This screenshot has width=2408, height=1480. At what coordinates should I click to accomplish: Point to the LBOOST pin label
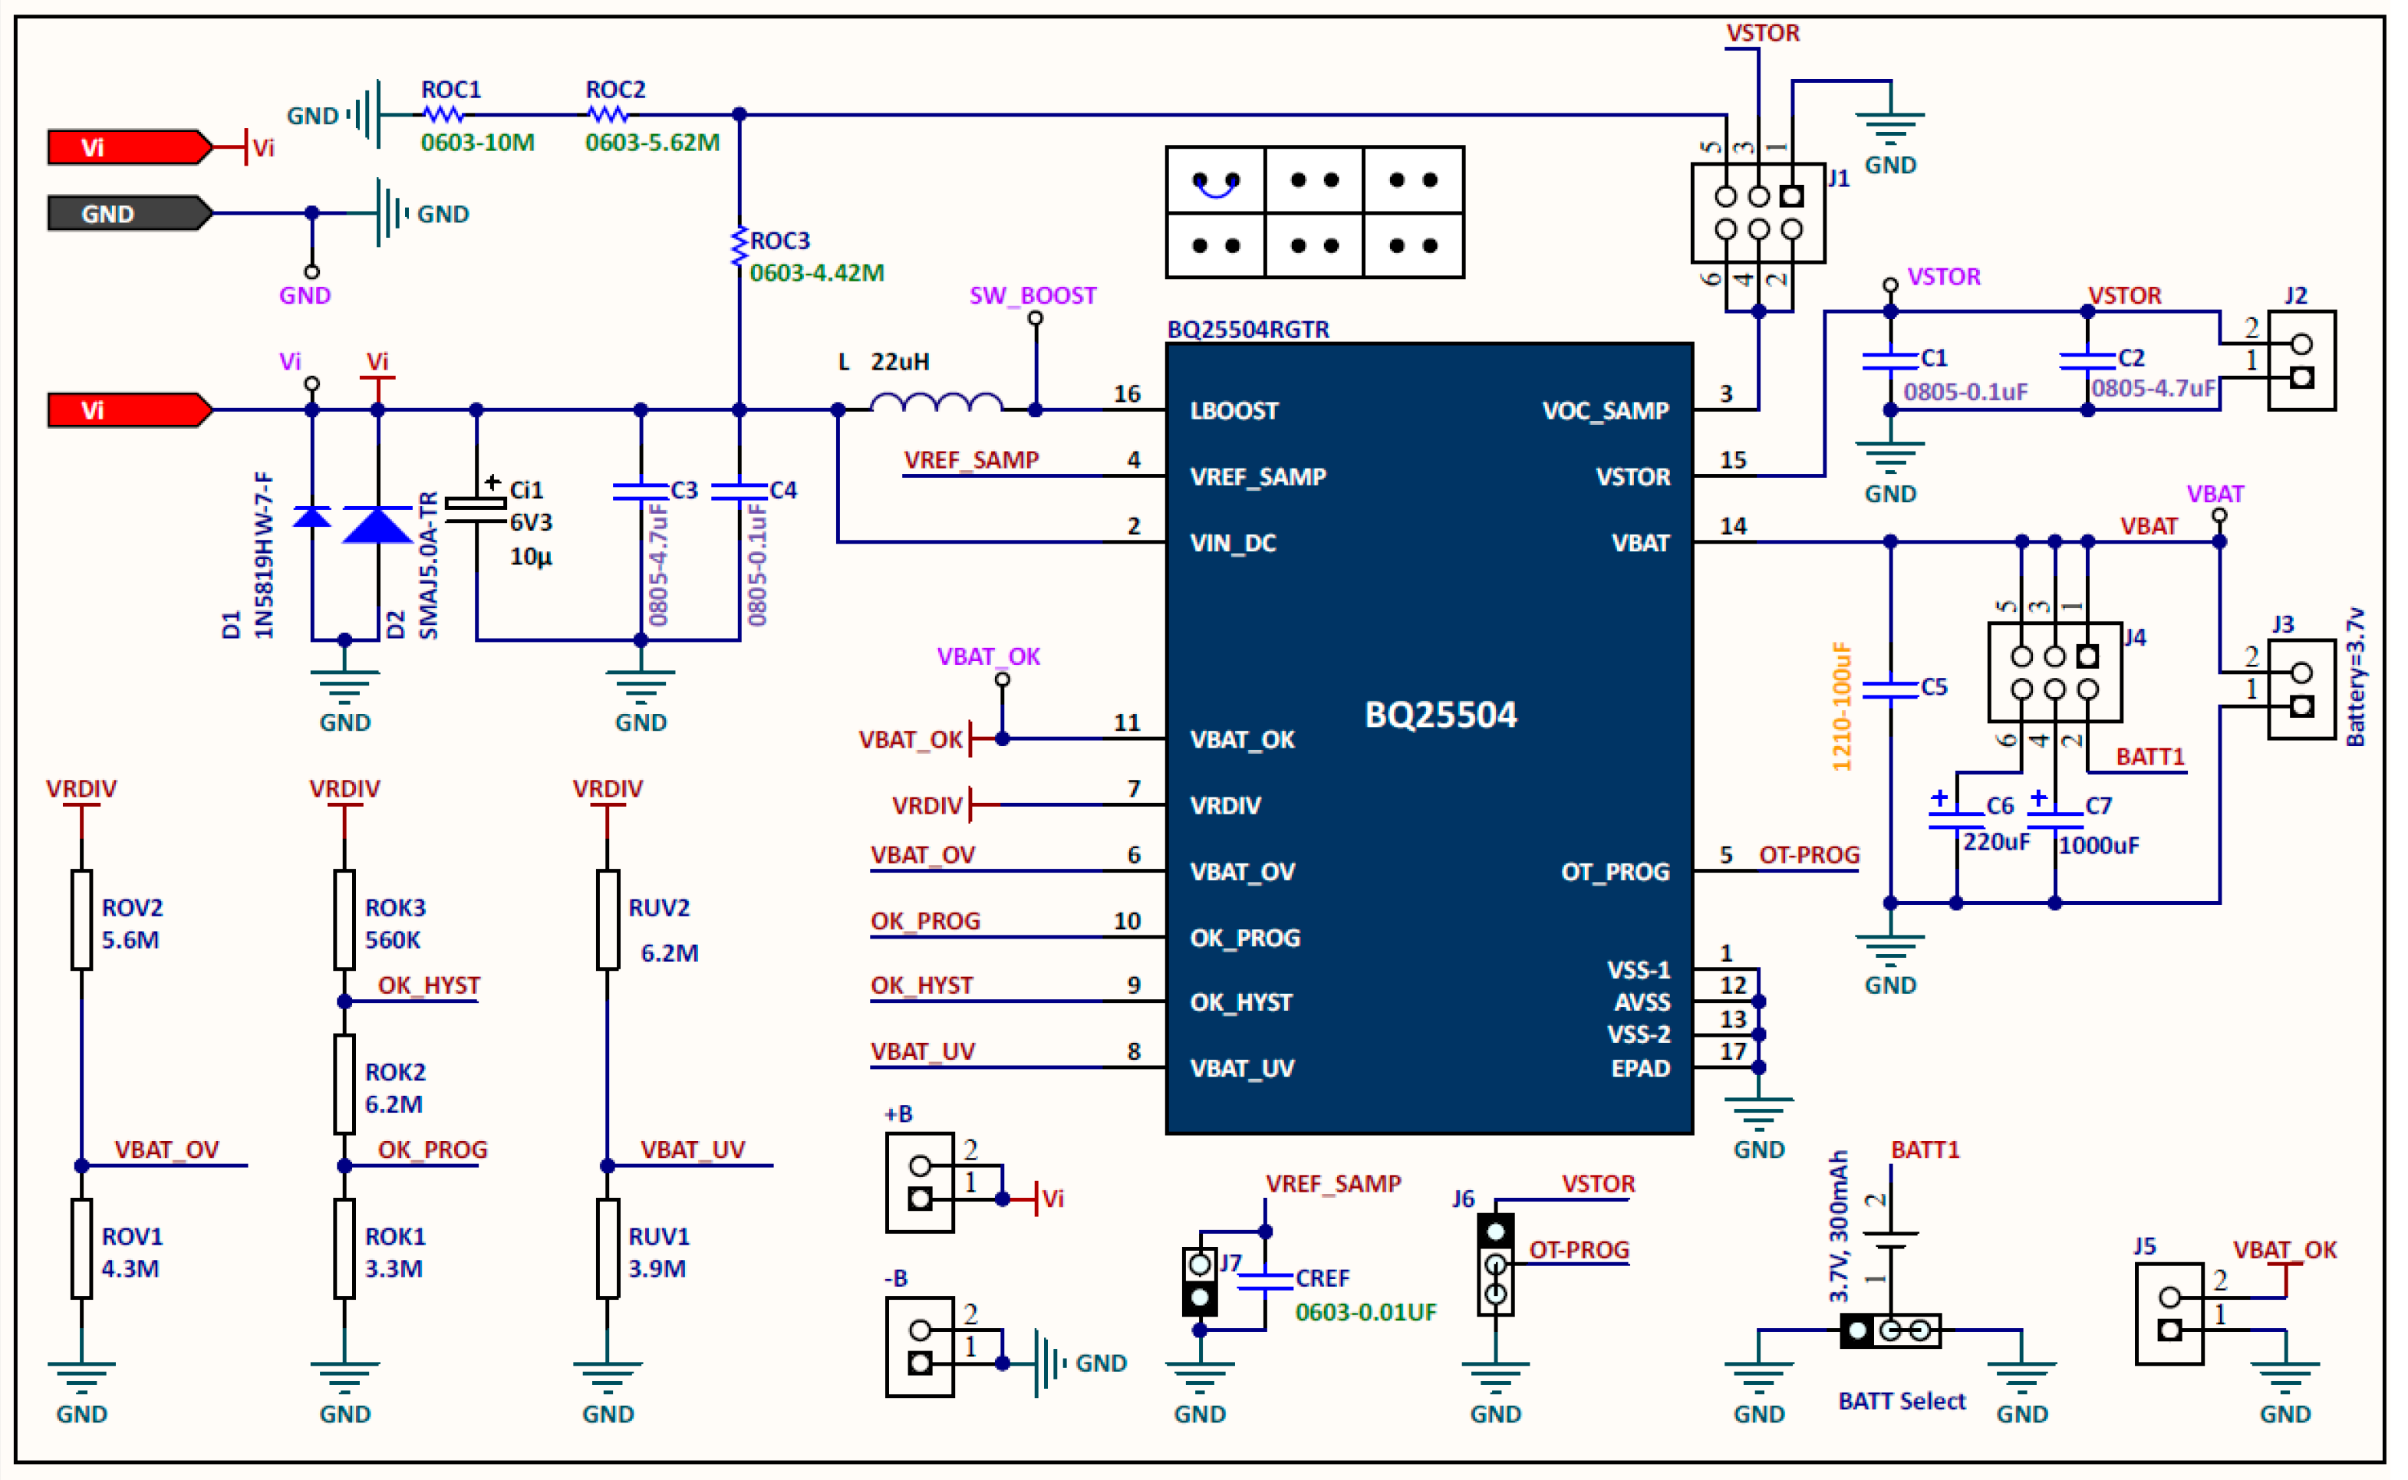(1234, 411)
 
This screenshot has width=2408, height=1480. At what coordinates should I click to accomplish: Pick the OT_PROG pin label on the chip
(1615, 871)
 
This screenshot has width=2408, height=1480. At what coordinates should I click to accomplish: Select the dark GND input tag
(130, 213)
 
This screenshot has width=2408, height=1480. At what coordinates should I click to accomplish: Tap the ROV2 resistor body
(81, 919)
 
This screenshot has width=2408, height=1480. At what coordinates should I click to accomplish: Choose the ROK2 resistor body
(344, 1084)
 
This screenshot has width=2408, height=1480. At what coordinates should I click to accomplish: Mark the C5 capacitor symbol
(1890, 688)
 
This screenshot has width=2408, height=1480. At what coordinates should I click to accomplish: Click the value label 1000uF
(2099, 845)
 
